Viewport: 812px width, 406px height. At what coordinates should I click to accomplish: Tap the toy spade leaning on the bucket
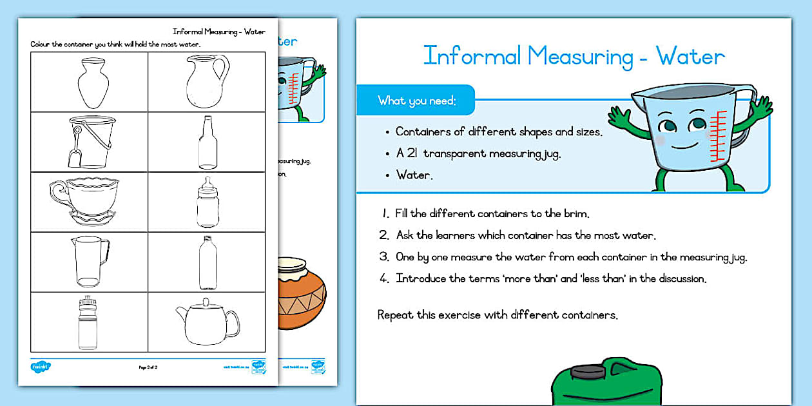coord(77,146)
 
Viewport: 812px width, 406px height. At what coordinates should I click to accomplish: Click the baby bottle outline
coord(208,202)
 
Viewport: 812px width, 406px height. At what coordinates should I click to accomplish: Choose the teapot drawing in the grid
coord(207,322)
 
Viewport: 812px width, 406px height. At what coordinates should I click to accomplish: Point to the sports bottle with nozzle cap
coord(88,322)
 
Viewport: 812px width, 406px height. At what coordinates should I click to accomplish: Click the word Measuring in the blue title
coord(580,56)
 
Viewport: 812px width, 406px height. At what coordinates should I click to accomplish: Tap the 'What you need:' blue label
coord(416,101)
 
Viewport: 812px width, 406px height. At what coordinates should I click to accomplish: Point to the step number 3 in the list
coord(383,257)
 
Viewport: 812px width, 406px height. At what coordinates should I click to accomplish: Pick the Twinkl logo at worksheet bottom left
coord(41,367)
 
